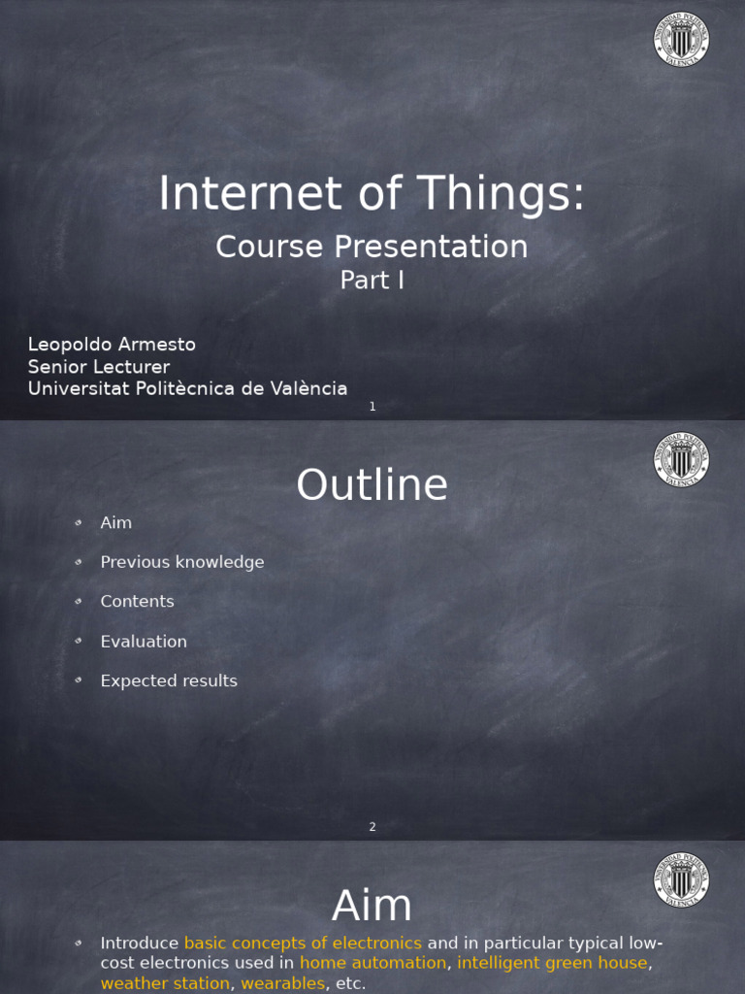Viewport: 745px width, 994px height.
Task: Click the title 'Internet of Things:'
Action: click(x=372, y=193)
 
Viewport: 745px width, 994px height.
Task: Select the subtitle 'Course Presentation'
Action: click(x=372, y=247)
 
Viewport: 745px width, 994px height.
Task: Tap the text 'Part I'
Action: click(x=372, y=280)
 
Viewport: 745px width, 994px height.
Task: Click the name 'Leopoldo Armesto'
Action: click(x=112, y=345)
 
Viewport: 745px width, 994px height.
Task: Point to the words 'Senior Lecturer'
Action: click(x=99, y=367)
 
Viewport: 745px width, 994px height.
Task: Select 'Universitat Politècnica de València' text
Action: click(x=187, y=388)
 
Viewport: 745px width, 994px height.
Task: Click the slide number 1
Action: click(x=372, y=407)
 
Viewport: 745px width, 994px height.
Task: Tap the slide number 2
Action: click(x=372, y=827)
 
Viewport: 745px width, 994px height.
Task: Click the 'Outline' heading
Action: click(x=372, y=485)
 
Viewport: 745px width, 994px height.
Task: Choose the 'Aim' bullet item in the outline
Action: click(x=115, y=523)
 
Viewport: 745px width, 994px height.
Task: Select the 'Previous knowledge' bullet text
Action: click(x=181, y=562)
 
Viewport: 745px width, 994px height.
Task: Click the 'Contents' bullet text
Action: click(x=137, y=602)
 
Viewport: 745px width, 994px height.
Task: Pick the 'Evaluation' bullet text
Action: click(x=144, y=642)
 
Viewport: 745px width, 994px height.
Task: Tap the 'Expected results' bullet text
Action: click(x=169, y=681)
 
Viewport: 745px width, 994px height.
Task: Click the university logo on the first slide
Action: click(x=681, y=40)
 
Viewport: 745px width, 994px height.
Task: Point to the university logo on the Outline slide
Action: click(x=681, y=460)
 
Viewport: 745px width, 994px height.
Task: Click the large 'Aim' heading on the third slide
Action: click(x=372, y=907)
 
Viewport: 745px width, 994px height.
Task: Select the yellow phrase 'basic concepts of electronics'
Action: click(x=303, y=944)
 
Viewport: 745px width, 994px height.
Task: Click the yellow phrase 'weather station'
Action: click(x=165, y=983)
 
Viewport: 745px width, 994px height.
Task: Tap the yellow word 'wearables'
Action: click(x=282, y=983)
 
